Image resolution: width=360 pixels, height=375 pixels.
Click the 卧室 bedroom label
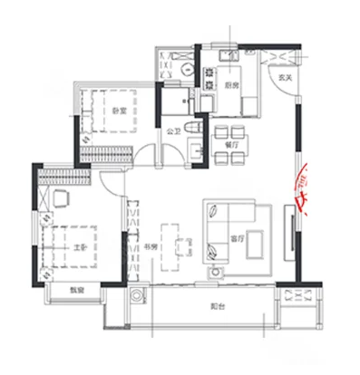pos(118,111)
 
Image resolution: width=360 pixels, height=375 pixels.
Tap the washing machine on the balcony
pos(137,294)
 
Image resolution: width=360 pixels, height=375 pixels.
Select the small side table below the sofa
pos(217,269)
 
